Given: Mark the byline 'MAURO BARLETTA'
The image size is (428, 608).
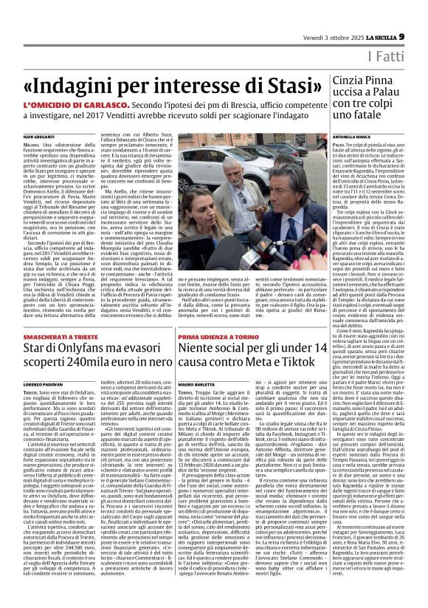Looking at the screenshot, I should [198, 386].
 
